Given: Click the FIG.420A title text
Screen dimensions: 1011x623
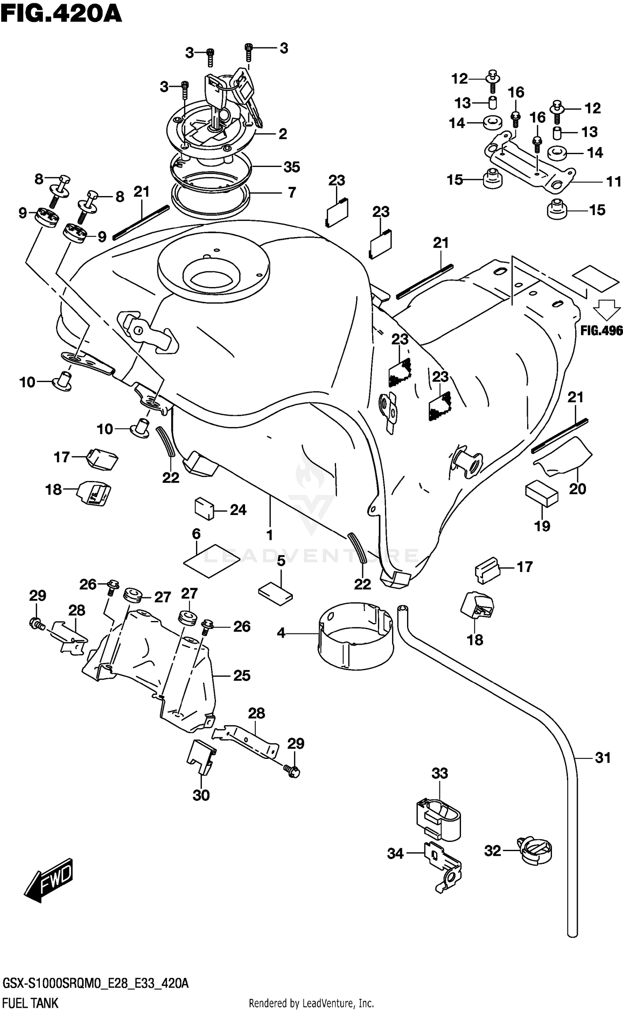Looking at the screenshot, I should (61, 15).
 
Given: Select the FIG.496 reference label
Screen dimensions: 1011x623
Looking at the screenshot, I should (601, 331).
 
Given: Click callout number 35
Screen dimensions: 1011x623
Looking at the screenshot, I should (292, 167).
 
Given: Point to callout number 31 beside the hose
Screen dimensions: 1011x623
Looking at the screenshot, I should (603, 758).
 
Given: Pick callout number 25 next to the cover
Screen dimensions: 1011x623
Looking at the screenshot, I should (242, 676).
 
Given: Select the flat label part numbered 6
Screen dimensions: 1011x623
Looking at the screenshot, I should (211, 560).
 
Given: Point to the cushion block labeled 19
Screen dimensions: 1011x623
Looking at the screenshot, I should (542, 493).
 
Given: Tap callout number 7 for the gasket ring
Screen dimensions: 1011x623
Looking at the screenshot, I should (292, 192).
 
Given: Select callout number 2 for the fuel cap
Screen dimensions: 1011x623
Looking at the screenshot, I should (282, 134).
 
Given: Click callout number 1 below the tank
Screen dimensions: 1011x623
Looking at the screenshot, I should (270, 535).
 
